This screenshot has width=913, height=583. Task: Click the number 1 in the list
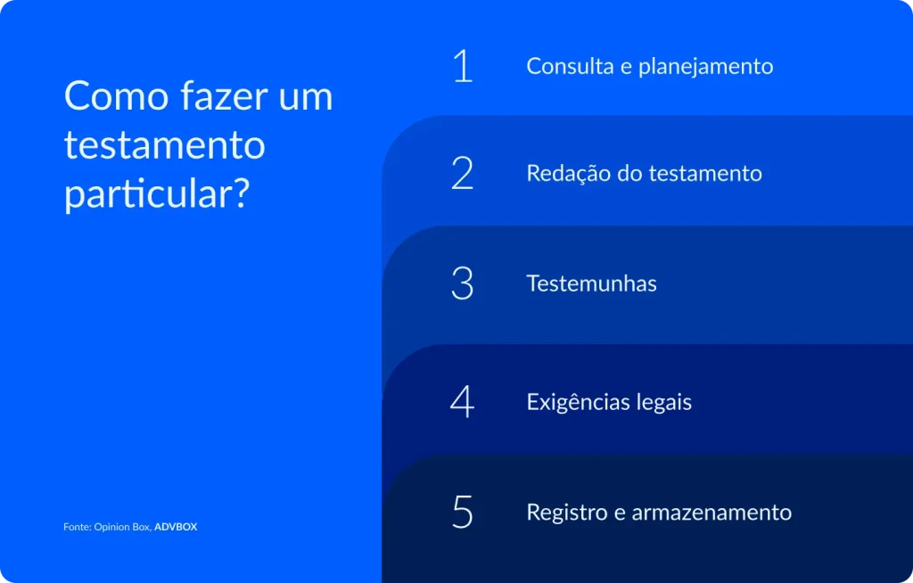point(462,66)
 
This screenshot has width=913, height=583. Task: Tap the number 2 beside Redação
point(462,173)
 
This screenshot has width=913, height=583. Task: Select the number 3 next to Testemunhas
point(462,283)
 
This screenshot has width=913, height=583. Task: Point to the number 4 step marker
point(462,402)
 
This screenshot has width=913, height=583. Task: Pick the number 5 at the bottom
point(462,513)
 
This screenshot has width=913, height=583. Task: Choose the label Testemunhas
point(591,283)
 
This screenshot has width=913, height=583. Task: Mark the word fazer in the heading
point(216,96)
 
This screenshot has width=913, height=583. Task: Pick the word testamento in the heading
point(164,145)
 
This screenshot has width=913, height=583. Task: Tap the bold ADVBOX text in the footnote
point(176,527)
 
